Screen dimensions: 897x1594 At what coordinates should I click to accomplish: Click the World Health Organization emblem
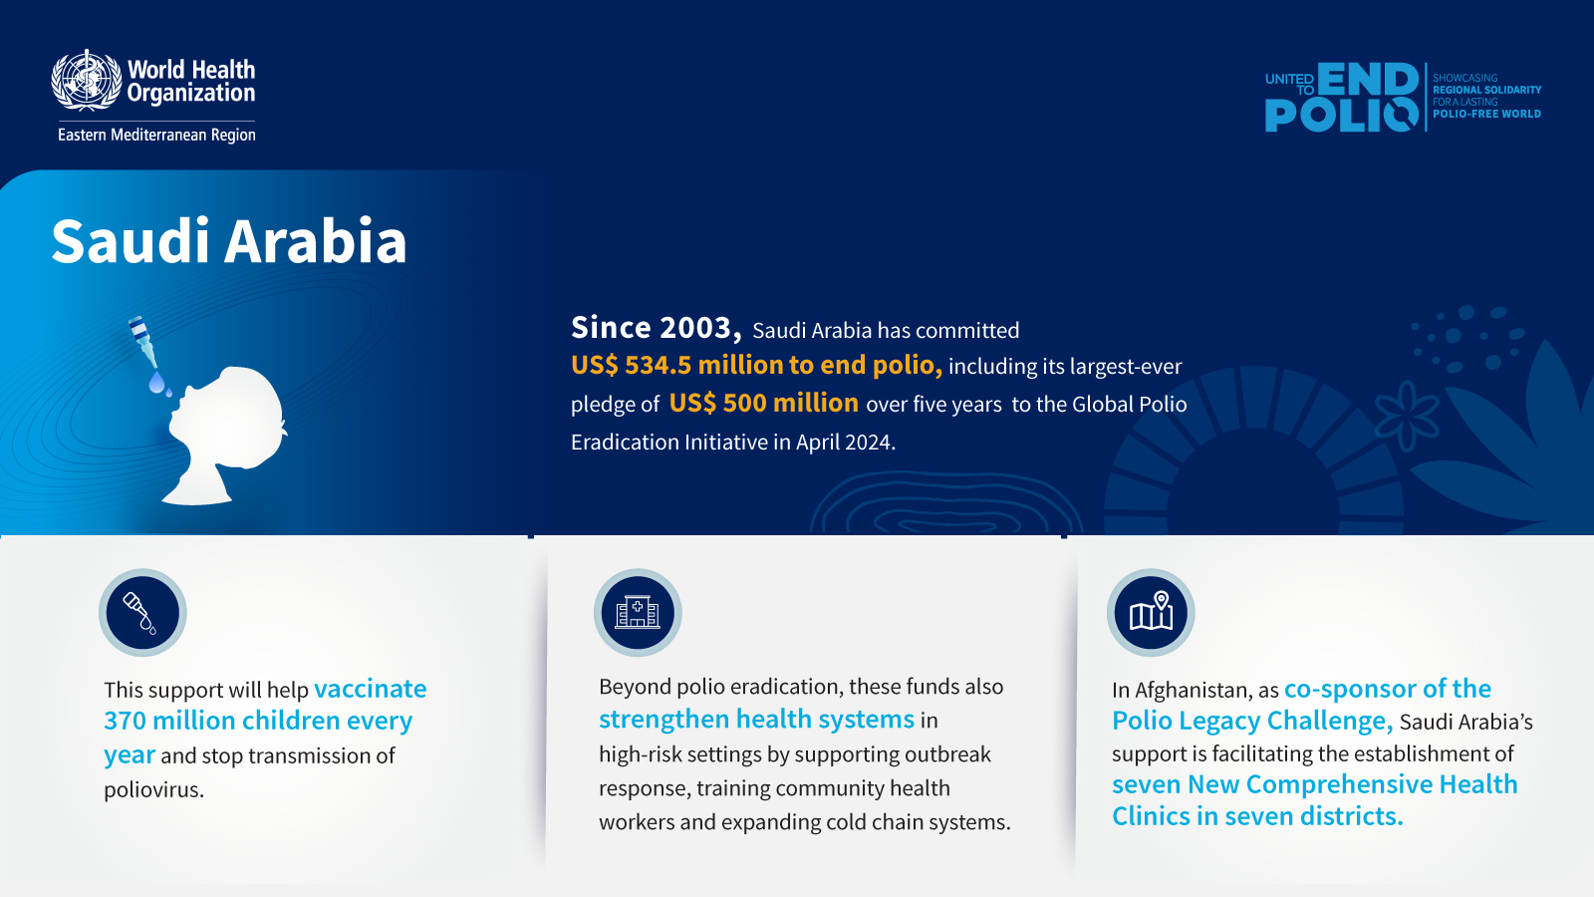pos(87,80)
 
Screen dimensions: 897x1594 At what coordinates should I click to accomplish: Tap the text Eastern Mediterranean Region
pos(156,135)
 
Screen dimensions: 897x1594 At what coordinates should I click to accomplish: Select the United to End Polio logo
pos(1341,97)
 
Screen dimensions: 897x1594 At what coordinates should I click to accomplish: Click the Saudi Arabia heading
pos(229,241)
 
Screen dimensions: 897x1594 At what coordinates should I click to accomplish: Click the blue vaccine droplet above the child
pos(156,383)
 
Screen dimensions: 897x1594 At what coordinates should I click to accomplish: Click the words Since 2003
pos(656,328)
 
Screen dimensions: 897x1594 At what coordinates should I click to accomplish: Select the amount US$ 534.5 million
pos(677,366)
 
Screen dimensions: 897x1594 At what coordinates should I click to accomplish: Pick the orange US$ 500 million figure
pos(763,404)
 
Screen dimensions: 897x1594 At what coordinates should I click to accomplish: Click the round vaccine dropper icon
pos(142,613)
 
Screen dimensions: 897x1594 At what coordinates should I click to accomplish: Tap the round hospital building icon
pos(638,613)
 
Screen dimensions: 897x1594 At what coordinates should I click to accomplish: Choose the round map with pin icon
pos(1151,613)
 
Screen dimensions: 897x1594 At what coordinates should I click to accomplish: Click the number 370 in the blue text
pos(125,721)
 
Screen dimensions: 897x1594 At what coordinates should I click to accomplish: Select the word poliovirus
pos(153,790)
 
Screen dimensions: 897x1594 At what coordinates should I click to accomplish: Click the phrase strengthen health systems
pos(756,720)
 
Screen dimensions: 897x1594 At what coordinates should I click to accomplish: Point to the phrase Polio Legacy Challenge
pos(1250,721)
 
